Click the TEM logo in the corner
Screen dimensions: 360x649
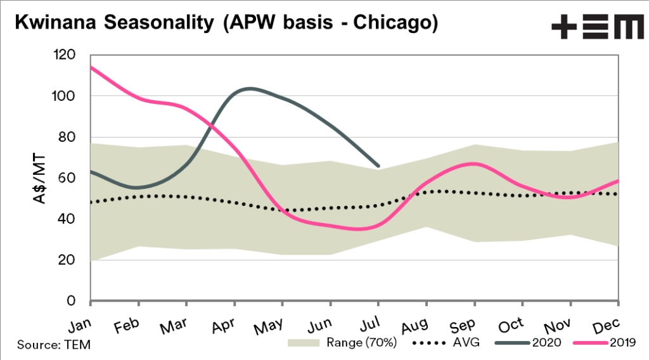tap(596, 26)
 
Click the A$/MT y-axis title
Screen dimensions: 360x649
tap(40, 178)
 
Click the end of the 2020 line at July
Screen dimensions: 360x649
tap(378, 166)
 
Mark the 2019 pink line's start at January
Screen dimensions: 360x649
tap(91, 67)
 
